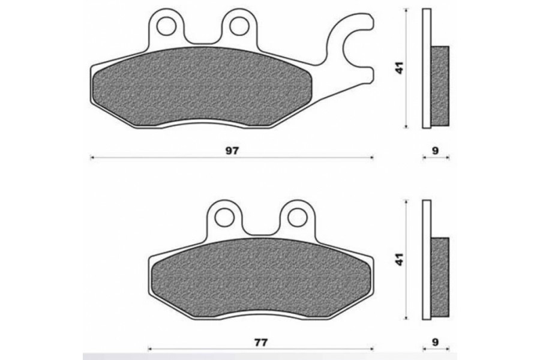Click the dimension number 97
[x=232, y=151]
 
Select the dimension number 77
[x=261, y=342]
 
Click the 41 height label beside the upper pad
[x=399, y=68]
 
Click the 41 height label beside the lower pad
[x=399, y=259]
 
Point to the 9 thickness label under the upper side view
[x=436, y=151]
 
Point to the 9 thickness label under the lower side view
[x=436, y=342]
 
